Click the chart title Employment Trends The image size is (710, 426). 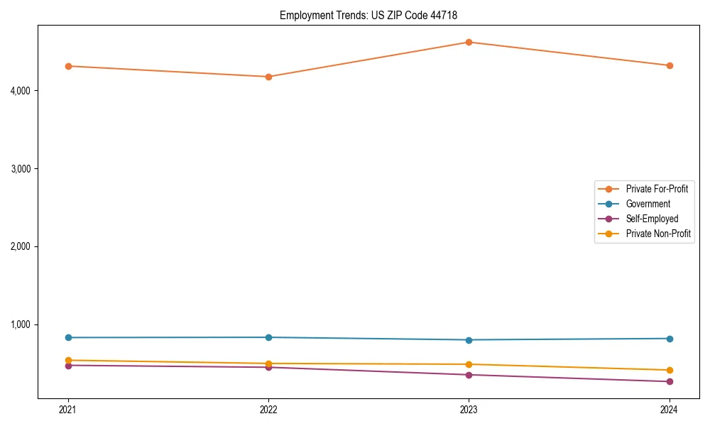[373, 15]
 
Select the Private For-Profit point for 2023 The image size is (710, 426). [469, 42]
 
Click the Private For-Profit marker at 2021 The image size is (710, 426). [68, 66]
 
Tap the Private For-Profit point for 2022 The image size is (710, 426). [268, 77]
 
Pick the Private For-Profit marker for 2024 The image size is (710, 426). [670, 65]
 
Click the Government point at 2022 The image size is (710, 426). [268, 337]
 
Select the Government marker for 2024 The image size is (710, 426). [670, 339]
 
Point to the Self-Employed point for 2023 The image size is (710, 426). [469, 375]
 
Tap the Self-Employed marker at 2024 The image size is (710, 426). [670, 382]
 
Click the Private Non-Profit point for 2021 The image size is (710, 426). [68, 360]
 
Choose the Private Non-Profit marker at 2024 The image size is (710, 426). [670, 370]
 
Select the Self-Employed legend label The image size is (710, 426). [652, 219]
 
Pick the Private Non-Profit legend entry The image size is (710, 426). [658, 234]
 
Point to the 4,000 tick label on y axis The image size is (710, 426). [21, 91]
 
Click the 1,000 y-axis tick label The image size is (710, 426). [21, 324]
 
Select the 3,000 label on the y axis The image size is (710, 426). [21, 169]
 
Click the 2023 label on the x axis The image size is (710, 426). [469, 410]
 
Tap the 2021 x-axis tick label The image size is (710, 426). [68, 410]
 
